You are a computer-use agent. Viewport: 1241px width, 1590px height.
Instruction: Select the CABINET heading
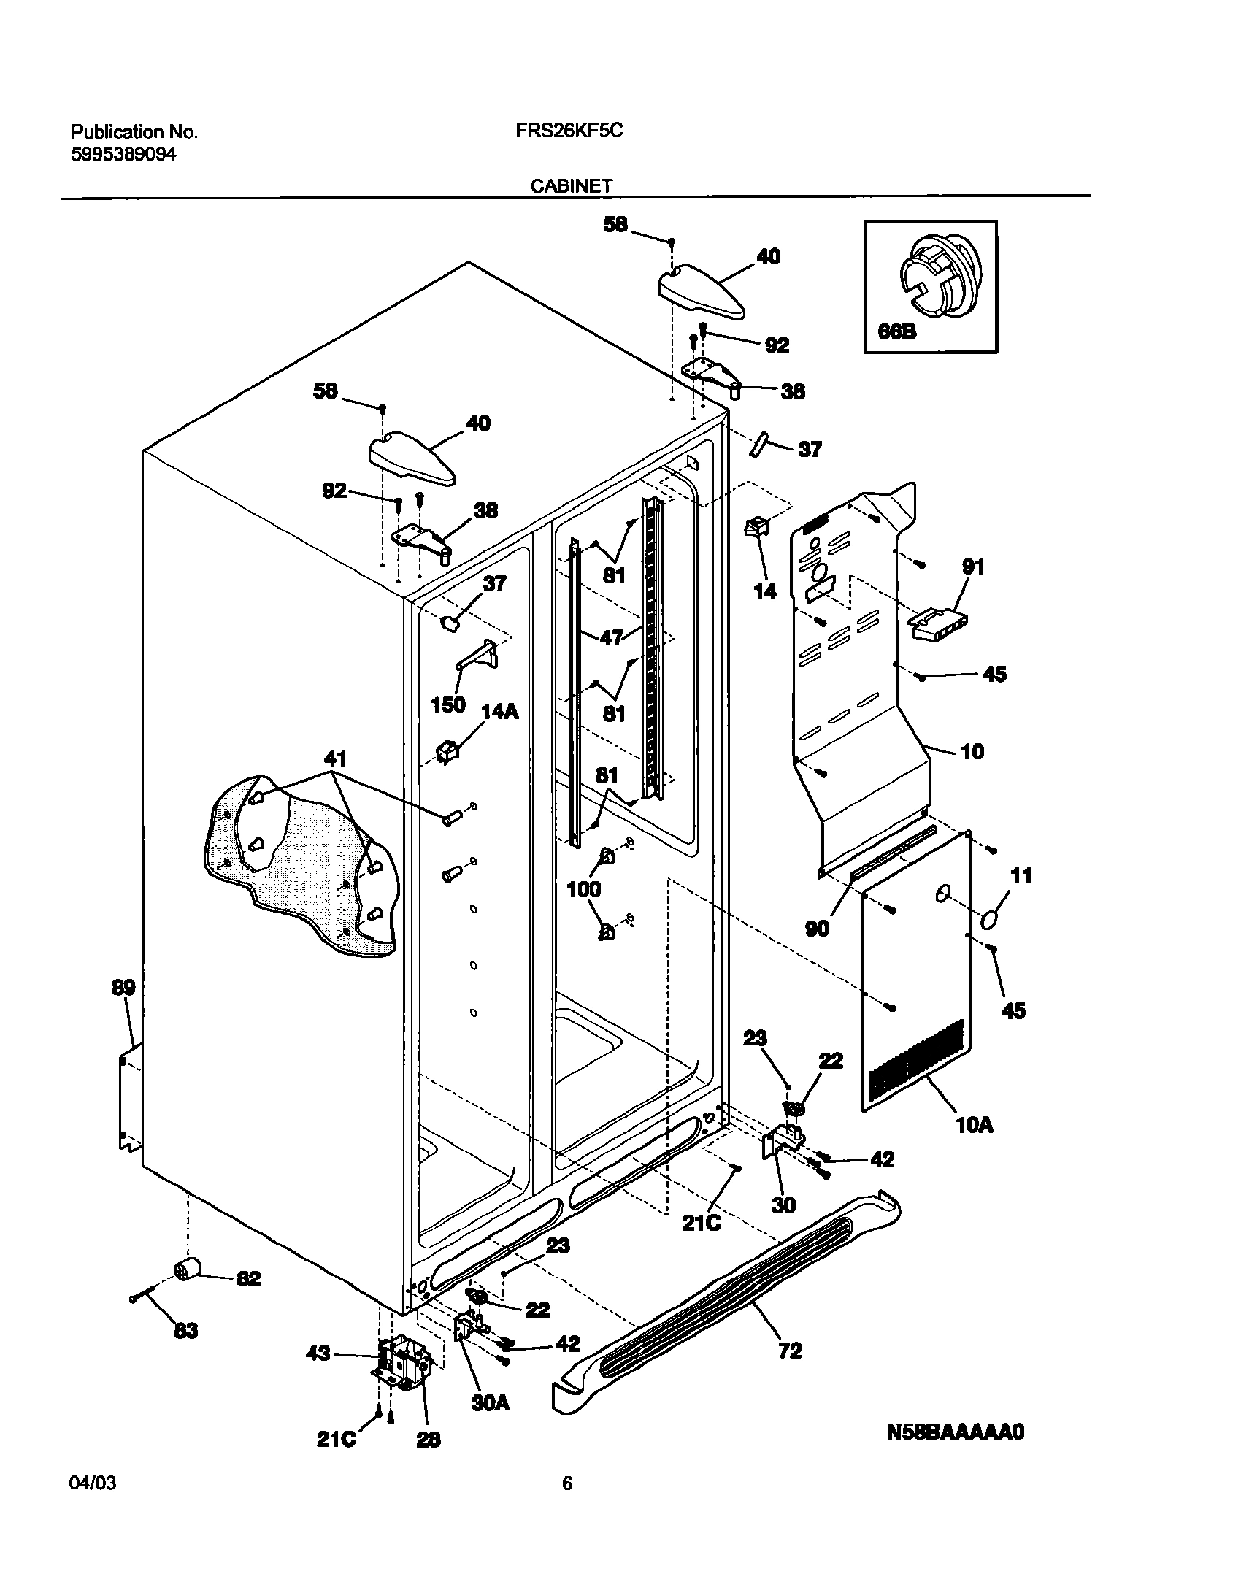(x=571, y=185)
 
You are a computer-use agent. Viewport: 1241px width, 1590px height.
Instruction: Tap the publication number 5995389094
(x=123, y=155)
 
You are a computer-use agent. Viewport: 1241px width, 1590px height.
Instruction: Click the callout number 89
(x=123, y=988)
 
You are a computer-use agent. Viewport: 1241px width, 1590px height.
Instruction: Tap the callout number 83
(x=185, y=1331)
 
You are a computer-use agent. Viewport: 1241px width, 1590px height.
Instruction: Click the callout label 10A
(x=974, y=1125)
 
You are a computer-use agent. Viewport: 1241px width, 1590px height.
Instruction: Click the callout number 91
(x=974, y=567)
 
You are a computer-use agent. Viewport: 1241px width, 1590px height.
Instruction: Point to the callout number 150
(x=448, y=704)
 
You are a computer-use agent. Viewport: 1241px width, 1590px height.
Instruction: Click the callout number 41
(x=331, y=758)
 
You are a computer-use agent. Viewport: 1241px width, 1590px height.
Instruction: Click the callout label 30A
(x=490, y=1403)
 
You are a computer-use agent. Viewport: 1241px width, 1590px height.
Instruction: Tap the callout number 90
(x=817, y=929)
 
